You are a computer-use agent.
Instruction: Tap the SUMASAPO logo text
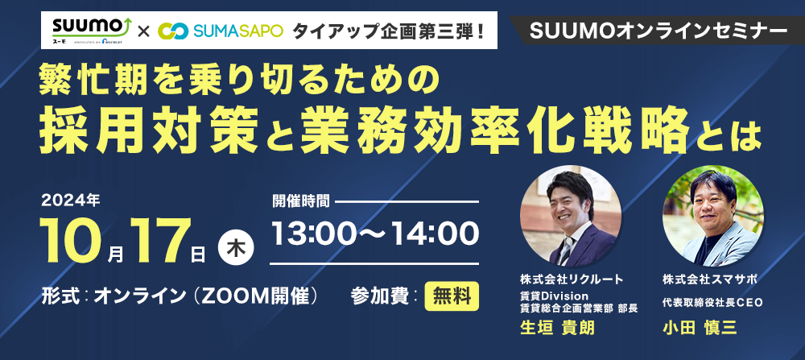238,31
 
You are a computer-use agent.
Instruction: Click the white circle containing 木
236,246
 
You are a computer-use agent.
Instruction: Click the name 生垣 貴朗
557,328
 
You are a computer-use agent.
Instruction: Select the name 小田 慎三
700,328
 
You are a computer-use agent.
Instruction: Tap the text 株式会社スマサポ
709,280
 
